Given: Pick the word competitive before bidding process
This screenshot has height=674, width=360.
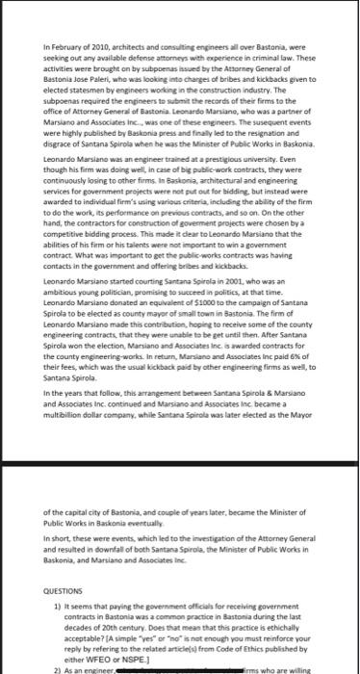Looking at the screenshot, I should point(66,220).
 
